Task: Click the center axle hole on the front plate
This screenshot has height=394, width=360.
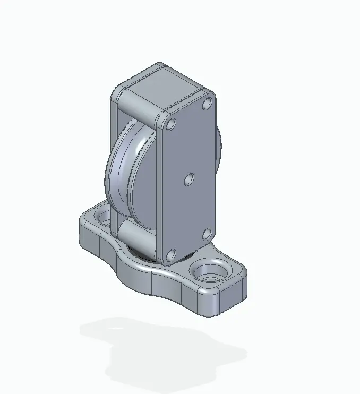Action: pyautogui.click(x=188, y=181)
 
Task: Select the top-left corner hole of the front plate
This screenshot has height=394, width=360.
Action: pyautogui.click(x=170, y=125)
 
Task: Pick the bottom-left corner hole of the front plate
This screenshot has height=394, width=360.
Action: pyautogui.click(x=170, y=255)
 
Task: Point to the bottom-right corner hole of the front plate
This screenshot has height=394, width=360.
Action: pyautogui.click(x=208, y=234)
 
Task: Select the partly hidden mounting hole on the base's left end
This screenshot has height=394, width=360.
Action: pyautogui.click(x=103, y=218)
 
